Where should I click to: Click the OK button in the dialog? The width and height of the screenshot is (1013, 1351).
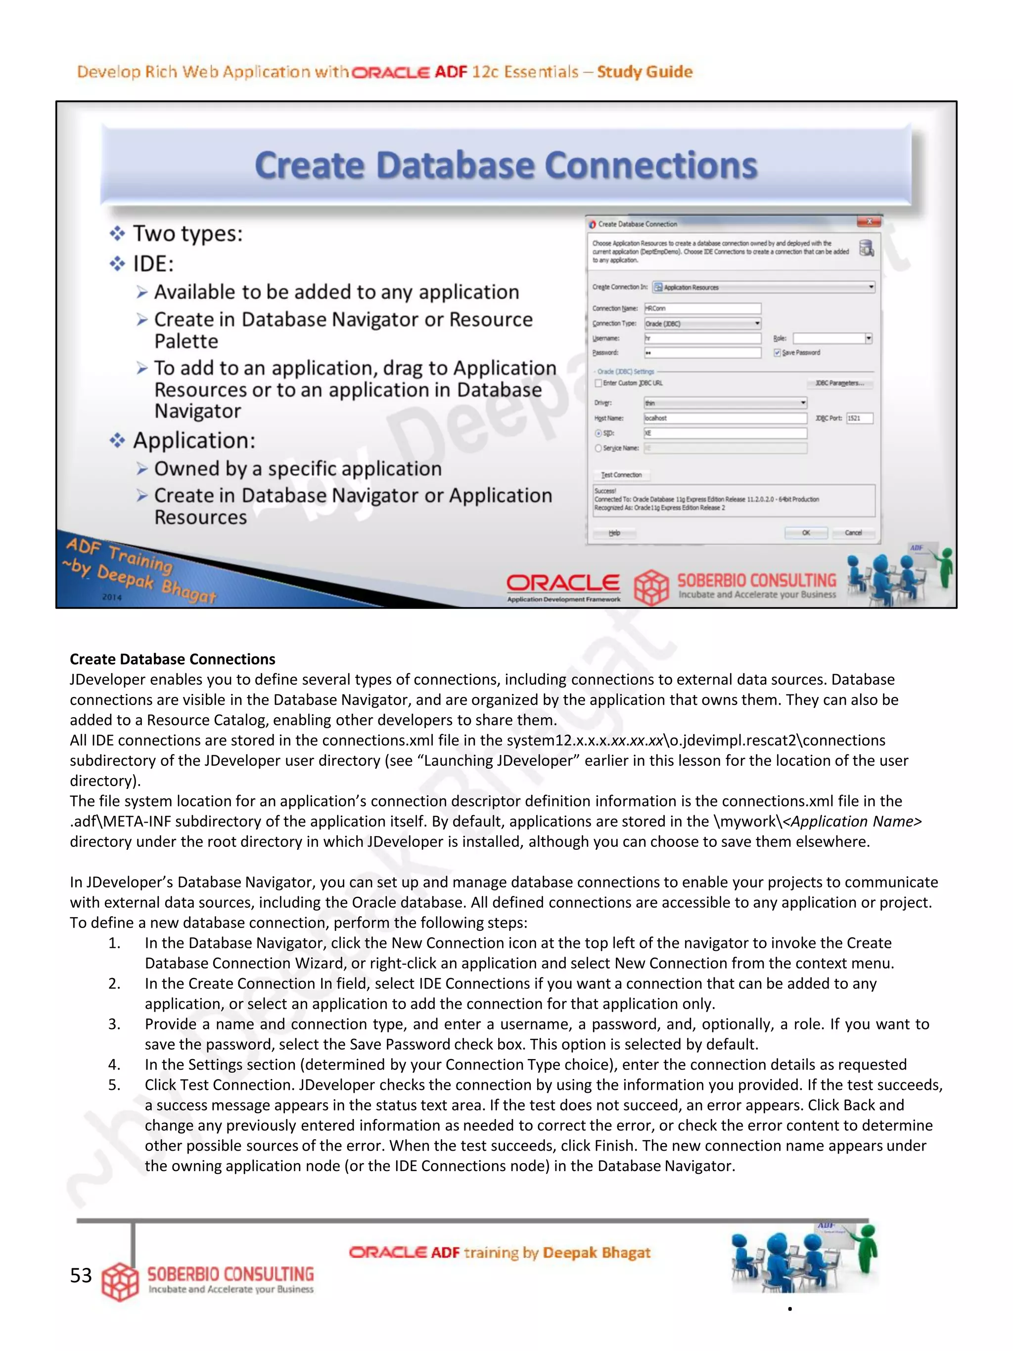click(x=805, y=533)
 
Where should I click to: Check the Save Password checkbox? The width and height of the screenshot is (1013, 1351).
click(x=777, y=352)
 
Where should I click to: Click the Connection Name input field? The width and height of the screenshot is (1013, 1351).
click(x=702, y=308)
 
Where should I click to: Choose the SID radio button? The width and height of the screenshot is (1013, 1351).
click(x=599, y=433)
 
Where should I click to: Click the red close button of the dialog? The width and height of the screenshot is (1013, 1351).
click(x=868, y=222)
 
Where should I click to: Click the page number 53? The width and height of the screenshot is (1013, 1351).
click(x=81, y=1275)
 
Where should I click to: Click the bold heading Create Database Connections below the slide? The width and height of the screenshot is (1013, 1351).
click(x=172, y=659)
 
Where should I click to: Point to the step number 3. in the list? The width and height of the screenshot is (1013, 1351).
click(x=114, y=1024)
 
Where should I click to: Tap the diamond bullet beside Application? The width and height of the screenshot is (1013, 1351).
click(x=117, y=440)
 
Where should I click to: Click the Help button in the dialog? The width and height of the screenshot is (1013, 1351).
click(x=614, y=533)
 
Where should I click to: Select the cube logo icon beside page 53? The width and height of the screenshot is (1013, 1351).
click(x=120, y=1281)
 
